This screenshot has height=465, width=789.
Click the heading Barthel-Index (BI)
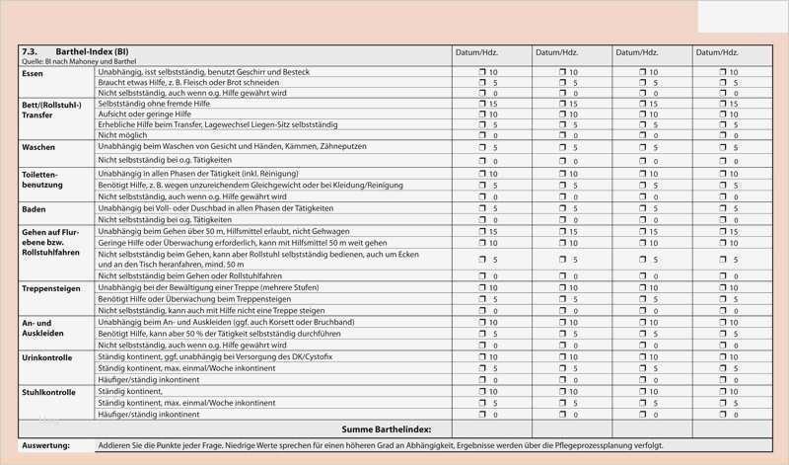pos(93,51)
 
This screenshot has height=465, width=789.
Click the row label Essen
pos(33,74)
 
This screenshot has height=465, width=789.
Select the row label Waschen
pos(38,147)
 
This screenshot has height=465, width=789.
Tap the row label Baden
pos(34,209)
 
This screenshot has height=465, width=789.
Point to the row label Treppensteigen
pos(51,288)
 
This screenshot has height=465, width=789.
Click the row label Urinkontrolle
pos(46,357)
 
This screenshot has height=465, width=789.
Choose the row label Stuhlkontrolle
pos(48,392)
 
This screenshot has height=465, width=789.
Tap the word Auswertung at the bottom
pos(45,446)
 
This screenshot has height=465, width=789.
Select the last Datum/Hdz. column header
pos(719,52)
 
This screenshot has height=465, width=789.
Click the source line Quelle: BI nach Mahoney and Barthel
pos(79,61)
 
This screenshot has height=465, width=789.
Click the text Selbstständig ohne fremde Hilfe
pos(154,103)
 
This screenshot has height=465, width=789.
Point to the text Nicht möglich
pos(121,135)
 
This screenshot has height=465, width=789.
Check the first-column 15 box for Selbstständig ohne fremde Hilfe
pos(483,103)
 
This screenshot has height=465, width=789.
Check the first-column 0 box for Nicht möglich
pos(483,135)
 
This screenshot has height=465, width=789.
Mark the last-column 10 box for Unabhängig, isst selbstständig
pos(723,72)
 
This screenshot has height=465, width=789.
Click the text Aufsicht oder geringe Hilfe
pos(145,114)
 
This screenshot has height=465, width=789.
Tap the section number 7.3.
pos(30,51)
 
